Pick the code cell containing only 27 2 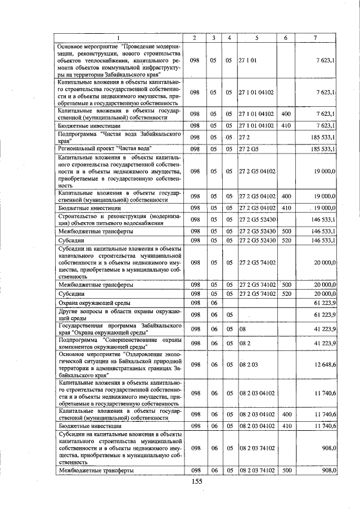click(x=244, y=137)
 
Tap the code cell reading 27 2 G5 click(x=248, y=149)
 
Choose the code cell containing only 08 click(x=243, y=328)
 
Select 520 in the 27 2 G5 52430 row click(x=286, y=241)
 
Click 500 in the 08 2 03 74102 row click(x=286, y=470)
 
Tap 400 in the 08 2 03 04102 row click(x=286, y=414)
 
